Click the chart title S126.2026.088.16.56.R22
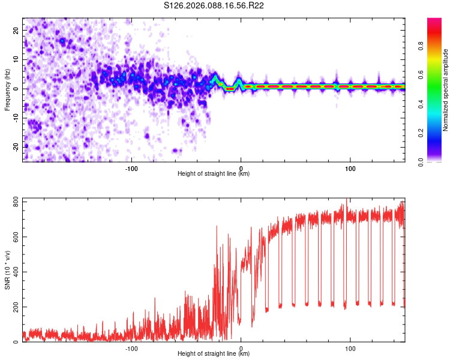coord(214,6)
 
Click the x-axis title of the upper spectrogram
coord(214,174)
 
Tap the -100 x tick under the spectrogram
coord(131,168)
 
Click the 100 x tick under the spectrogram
coord(350,168)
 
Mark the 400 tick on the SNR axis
coord(13,272)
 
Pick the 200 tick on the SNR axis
coord(13,307)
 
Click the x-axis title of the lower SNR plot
coord(214,354)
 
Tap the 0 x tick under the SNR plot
coord(241,348)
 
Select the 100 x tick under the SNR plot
coord(350,348)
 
